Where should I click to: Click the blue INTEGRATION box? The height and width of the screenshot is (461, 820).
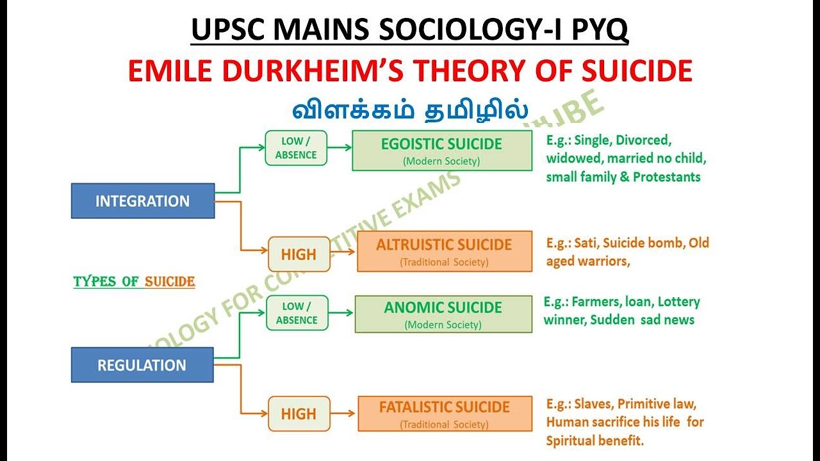point(142,201)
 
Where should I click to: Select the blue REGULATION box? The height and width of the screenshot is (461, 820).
point(142,365)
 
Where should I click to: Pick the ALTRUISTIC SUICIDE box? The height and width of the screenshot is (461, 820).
point(444,252)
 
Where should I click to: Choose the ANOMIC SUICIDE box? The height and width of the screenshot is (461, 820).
point(443,314)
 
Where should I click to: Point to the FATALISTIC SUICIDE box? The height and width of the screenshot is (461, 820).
point(444,414)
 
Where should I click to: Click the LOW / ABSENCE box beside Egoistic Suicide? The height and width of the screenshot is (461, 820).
point(296,149)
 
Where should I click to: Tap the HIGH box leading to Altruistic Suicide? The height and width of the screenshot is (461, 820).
point(299,254)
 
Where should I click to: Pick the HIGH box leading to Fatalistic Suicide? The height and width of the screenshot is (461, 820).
point(299,414)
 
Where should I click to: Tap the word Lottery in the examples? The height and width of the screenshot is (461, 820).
point(678,302)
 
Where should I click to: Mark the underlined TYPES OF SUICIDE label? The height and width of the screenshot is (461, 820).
point(134,282)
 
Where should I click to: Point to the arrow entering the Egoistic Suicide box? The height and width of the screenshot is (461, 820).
point(340,147)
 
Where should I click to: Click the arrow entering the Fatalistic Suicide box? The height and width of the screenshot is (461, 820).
point(343,414)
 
